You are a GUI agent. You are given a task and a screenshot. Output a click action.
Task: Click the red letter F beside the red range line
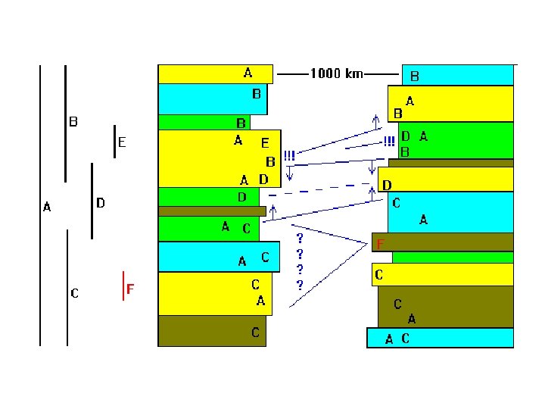[x=130, y=289]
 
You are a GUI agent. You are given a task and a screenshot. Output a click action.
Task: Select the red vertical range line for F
[x=123, y=286]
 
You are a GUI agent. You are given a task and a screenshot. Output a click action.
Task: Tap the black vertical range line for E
[x=115, y=142]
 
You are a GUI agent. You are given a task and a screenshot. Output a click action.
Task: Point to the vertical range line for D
[x=92, y=201]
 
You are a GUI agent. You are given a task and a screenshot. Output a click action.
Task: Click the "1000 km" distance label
[x=337, y=73]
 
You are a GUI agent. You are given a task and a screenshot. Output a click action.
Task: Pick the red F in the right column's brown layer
[x=380, y=244]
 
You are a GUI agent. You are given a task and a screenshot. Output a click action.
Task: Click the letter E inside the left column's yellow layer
[x=265, y=143]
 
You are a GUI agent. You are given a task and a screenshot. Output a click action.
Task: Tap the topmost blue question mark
[x=300, y=239]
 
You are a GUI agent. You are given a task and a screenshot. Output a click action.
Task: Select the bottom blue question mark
[x=300, y=286]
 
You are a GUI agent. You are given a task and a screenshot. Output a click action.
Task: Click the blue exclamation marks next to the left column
[x=289, y=155]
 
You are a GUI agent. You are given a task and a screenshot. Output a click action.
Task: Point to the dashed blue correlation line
[x=319, y=189]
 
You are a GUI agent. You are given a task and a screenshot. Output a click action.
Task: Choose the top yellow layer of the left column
[x=216, y=74]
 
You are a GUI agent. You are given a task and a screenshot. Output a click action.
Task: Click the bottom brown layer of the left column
[x=212, y=331]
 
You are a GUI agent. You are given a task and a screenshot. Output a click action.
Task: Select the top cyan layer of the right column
[x=458, y=75]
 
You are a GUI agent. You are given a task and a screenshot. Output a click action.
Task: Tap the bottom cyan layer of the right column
[x=440, y=338]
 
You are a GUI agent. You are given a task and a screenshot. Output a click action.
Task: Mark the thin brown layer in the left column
[x=212, y=211]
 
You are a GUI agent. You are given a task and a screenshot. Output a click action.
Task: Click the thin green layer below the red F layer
[x=453, y=258]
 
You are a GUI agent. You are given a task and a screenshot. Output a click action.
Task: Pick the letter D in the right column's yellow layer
[x=387, y=186]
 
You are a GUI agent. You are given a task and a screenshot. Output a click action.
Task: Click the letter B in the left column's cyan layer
[x=257, y=94]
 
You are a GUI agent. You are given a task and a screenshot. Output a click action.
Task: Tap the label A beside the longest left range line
[x=47, y=207]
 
